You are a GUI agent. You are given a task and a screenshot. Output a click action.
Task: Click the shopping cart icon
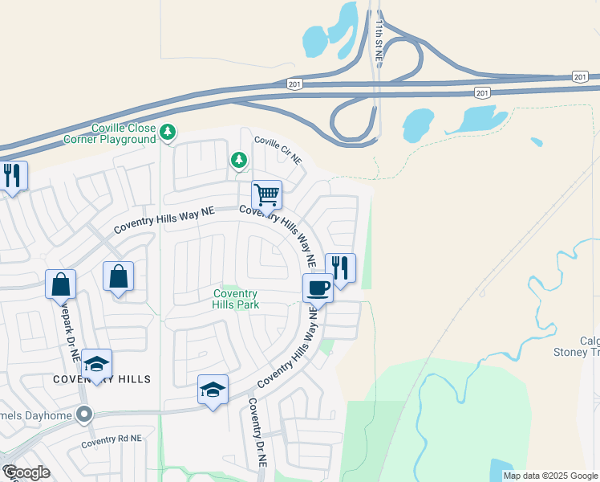[x=266, y=194]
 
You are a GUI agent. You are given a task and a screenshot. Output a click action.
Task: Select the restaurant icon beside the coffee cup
[x=340, y=268]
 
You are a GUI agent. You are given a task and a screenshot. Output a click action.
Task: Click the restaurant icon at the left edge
[x=12, y=175]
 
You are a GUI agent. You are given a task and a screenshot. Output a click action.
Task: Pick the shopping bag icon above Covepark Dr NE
[x=61, y=284]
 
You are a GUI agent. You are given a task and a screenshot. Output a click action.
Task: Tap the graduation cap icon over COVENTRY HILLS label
[x=96, y=364]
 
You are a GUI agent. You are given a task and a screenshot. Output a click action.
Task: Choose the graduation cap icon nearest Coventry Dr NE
[x=213, y=390]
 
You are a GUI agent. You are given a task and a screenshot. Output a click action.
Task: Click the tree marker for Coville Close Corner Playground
[x=168, y=131]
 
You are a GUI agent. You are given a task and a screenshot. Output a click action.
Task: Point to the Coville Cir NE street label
[x=278, y=150]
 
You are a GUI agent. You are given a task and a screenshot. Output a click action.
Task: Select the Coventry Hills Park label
[x=234, y=299]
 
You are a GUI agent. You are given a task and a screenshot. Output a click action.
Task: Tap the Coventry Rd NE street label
[x=111, y=439]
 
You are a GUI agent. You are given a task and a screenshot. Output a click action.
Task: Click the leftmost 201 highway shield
[x=294, y=84]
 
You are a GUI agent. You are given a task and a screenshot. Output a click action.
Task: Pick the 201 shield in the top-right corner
[x=581, y=76]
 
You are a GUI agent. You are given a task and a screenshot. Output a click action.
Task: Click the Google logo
[x=26, y=472]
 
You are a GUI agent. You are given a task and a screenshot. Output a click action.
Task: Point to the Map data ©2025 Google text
[x=550, y=476]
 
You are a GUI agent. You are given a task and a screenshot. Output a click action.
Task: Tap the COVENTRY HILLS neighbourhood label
[x=102, y=378]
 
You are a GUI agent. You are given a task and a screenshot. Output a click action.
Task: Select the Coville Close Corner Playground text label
[x=110, y=133]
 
